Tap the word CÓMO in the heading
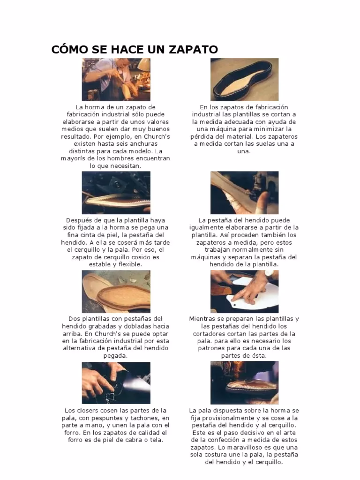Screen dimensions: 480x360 (68, 49)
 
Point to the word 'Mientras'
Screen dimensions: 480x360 (202, 319)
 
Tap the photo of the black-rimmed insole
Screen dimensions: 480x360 (244, 80)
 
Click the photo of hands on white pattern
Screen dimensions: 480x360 (244, 292)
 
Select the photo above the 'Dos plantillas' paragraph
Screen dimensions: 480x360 (116, 292)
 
